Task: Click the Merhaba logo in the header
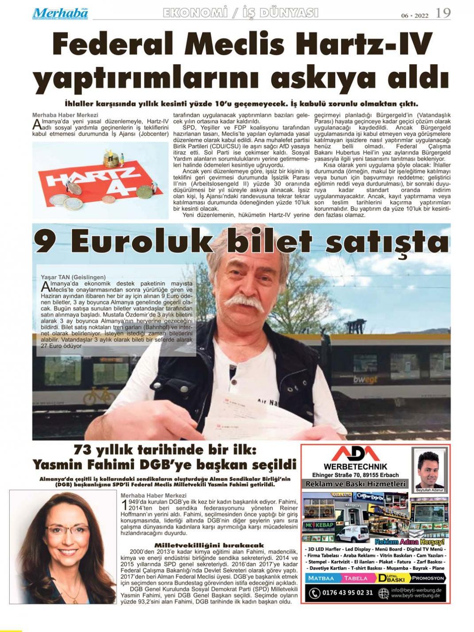pos(60,13)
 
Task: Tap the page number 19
pos(443,13)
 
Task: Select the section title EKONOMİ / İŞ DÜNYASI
pos(241,13)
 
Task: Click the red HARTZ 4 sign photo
pos(100,180)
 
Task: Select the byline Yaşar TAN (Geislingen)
pos(73,277)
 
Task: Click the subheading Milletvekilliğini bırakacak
pos(209,545)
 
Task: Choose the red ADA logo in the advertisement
pos(356,454)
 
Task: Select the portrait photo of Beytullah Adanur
pos(430,468)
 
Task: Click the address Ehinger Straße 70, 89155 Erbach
pos(355,475)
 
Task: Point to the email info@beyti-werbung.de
pos(416,590)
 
